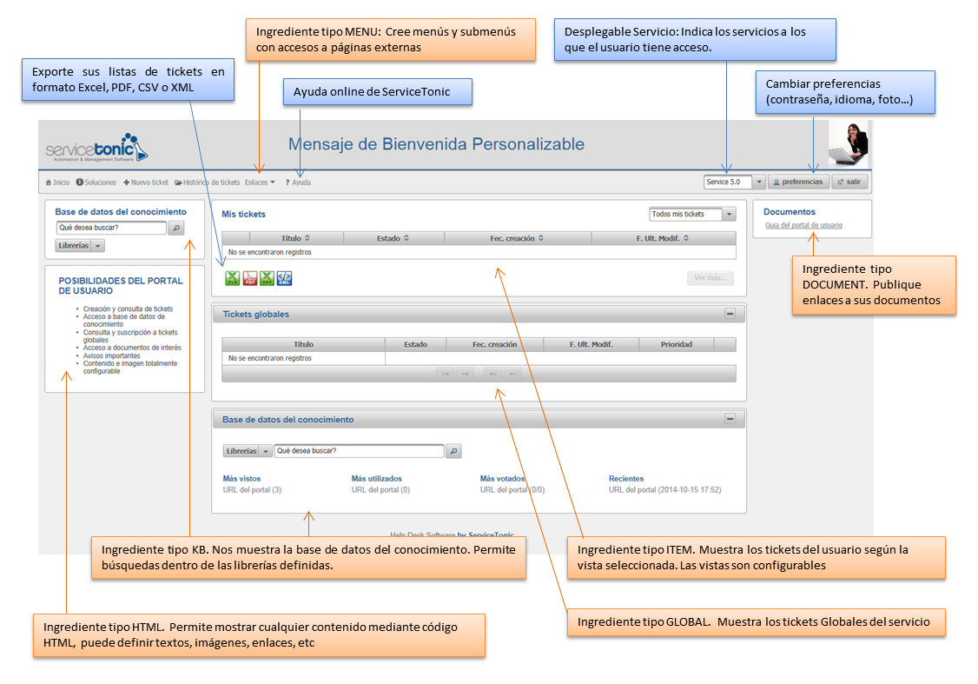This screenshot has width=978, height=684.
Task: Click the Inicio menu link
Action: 57,183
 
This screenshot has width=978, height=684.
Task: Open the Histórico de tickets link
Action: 208,183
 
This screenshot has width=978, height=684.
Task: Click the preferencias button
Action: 798,183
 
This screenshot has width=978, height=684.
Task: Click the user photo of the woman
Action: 849,143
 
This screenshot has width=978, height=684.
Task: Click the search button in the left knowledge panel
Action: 175,228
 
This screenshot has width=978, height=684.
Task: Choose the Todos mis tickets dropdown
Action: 692,214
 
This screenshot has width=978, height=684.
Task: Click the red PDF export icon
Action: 249,278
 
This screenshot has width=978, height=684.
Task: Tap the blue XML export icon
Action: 284,278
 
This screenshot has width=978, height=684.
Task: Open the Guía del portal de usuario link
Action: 803,225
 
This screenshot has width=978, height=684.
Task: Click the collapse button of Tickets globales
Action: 730,314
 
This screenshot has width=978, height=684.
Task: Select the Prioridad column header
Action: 676,344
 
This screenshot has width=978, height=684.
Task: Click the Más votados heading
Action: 502,478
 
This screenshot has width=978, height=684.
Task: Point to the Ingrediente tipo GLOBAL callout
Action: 755,622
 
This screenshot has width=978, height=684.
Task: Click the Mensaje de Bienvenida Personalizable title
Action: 436,144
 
